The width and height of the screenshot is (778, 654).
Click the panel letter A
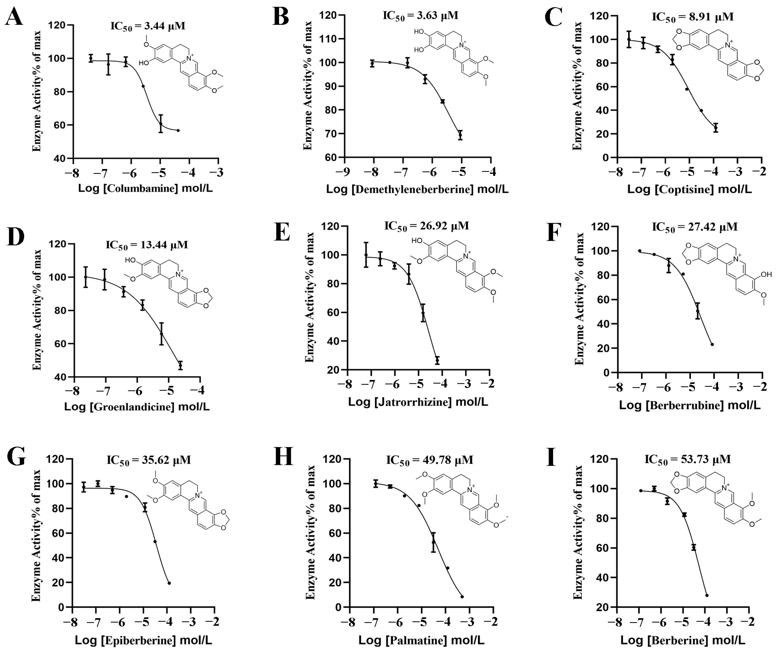pyautogui.click(x=14, y=17)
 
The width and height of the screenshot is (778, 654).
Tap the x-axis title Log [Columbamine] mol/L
pyautogui.click(x=145, y=188)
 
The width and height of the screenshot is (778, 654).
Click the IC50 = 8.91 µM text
pyautogui.click(x=693, y=17)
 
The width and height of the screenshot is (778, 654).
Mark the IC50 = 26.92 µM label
pyautogui.click(x=426, y=226)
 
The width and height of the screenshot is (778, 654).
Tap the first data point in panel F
pyautogui.click(x=640, y=251)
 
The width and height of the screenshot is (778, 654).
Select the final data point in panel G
pyautogui.click(x=169, y=583)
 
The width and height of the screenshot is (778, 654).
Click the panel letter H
pyautogui.click(x=283, y=457)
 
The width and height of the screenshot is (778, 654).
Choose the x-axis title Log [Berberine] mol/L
pyautogui.click(x=683, y=640)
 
